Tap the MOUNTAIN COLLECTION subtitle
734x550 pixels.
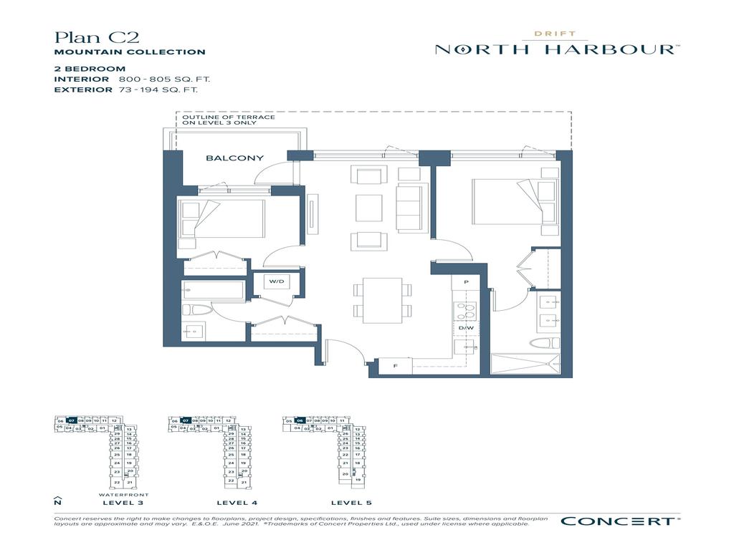coord(130,52)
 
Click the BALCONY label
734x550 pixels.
coord(234,158)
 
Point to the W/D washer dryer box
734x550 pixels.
coord(277,282)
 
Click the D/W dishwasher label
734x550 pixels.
coord(466,328)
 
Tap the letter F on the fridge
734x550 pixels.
coord(395,366)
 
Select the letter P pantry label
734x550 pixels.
coord(466,282)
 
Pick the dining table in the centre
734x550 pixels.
coord(383,299)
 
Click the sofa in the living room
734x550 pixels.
coord(411,206)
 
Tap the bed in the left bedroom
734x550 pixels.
coord(222,218)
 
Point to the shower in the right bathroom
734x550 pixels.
coord(530,365)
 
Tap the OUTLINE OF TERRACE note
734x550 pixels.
coord(229,120)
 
